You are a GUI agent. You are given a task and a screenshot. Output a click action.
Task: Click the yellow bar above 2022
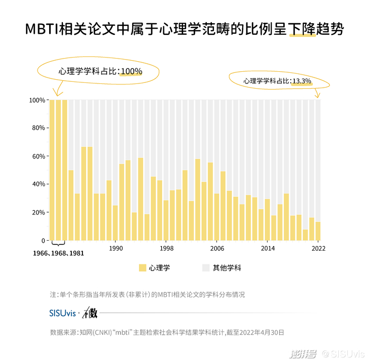click(318, 231)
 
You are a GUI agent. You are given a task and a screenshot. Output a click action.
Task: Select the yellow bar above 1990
click(115, 223)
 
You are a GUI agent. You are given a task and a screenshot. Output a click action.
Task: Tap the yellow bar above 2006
click(217, 217)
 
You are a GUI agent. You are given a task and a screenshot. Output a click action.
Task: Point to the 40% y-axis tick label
click(38, 184)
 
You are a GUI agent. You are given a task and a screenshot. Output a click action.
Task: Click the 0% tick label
click(40, 241)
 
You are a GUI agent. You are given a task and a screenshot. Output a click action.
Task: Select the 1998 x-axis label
click(166, 248)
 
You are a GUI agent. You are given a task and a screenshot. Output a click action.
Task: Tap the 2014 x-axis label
click(267, 248)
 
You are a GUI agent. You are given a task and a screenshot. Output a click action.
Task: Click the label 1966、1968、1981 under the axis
click(58, 253)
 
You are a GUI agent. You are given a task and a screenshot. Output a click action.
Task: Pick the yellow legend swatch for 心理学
click(142, 268)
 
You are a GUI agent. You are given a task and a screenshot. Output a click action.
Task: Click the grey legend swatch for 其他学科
click(206, 268)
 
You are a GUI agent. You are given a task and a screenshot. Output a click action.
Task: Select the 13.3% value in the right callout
click(302, 81)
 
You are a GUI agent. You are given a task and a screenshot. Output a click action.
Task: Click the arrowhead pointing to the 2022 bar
click(318, 96)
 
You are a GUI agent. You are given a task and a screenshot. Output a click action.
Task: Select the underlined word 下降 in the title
click(302, 30)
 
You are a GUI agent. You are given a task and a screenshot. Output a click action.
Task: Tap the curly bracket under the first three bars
click(58, 244)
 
